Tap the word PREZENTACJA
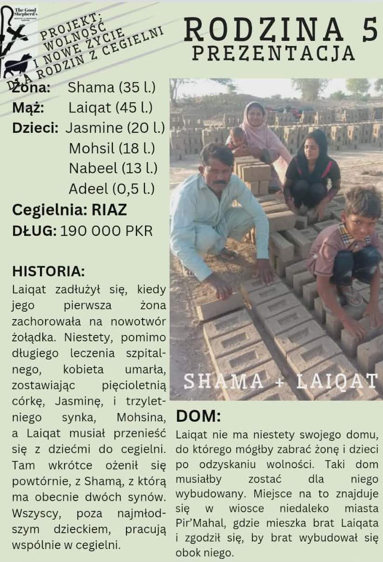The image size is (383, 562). coord(273,53)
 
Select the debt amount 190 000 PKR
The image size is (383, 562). coord(106,231)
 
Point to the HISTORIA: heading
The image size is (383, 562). coord(49,271)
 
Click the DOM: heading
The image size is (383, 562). coord(198,416)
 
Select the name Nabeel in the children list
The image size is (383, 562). coord(93,169)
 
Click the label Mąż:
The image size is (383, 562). coord(28,108)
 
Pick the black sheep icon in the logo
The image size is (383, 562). coord(19,64)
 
